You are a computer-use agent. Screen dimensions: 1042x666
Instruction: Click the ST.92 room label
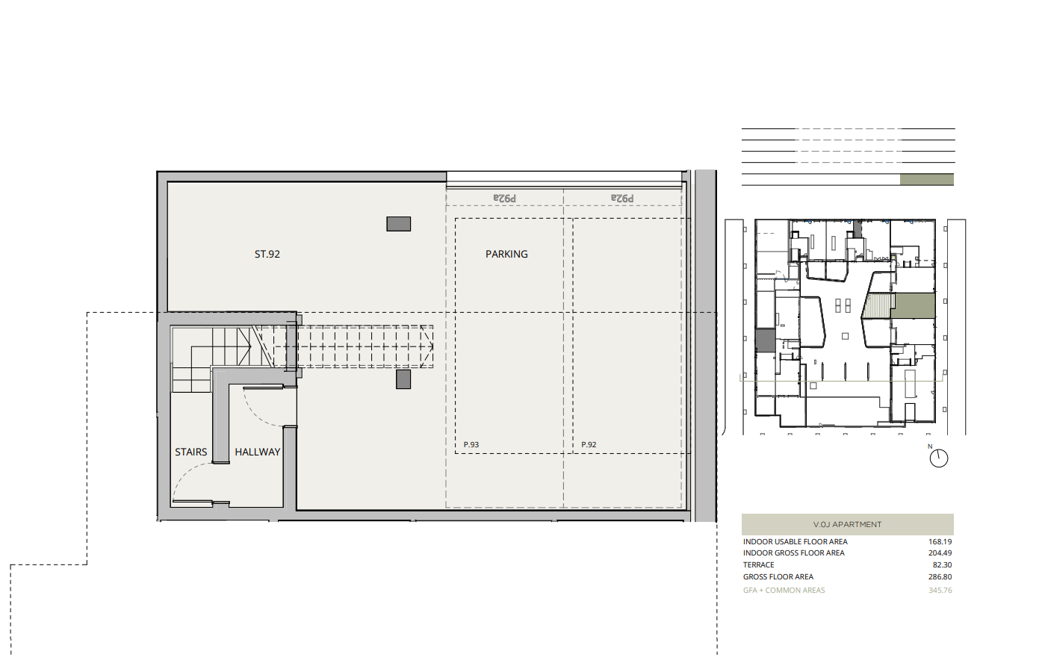click(x=267, y=255)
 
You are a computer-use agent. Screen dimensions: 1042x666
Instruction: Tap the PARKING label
click(x=506, y=255)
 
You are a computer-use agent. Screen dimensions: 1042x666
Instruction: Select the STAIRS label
click(x=190, y=452)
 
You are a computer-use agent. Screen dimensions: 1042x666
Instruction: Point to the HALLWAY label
click(x=257, y=452)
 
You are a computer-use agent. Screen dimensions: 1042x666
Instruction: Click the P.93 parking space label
click(x=471, y=444)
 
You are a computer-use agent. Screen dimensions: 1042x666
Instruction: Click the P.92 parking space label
click(x=589, y=444)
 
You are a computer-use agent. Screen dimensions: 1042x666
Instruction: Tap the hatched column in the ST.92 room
click(x=399, y=224)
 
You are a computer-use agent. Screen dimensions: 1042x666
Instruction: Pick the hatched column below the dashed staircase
click(x=403, y=379)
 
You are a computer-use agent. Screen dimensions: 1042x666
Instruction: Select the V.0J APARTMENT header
click(x=847, y=525)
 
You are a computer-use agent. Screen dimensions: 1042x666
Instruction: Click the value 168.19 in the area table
click(x=940, y=542)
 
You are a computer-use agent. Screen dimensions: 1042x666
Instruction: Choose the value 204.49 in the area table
click(x=940, y=553)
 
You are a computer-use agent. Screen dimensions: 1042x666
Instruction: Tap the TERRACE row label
click(x=759, y=565)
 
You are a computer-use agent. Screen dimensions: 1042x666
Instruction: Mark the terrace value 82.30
click(x=942, y=565)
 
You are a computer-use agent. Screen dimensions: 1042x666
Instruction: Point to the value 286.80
click(x=940, y=576)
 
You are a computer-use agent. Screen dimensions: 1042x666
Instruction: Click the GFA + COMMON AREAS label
click(x=784, y=590)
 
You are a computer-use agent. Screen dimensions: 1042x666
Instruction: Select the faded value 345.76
click(x=940, y=590)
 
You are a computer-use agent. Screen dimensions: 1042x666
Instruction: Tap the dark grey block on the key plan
click(x=765, y=340)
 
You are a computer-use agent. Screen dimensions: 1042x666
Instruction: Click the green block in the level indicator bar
click(x=927, y=179)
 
